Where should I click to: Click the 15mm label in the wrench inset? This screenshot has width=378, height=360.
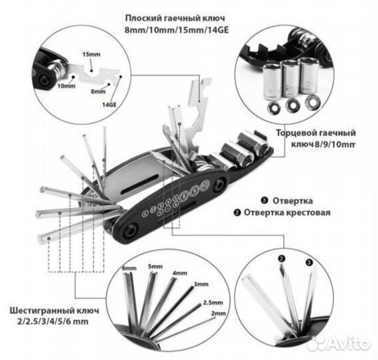(91, 54)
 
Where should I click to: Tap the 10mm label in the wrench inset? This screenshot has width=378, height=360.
(66, 86)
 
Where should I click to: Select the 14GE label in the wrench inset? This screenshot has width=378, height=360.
(109, 105)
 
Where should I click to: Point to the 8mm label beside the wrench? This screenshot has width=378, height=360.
(98, 91)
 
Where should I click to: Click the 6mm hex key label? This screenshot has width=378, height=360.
(129, 268)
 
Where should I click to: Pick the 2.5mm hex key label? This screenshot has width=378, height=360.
(213, 303)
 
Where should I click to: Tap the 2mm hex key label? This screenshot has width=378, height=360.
(219, 313)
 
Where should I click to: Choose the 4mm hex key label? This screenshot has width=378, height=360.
(180, 273)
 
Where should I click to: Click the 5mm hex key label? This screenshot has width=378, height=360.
(155, 267)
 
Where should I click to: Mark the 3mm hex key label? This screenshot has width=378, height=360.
(201, 284)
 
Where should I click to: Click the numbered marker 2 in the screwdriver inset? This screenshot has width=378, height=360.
(281, 259)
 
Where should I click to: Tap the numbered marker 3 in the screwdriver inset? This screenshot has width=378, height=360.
(309, 262)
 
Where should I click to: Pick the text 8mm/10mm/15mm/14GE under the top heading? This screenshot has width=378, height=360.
(177, 31)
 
